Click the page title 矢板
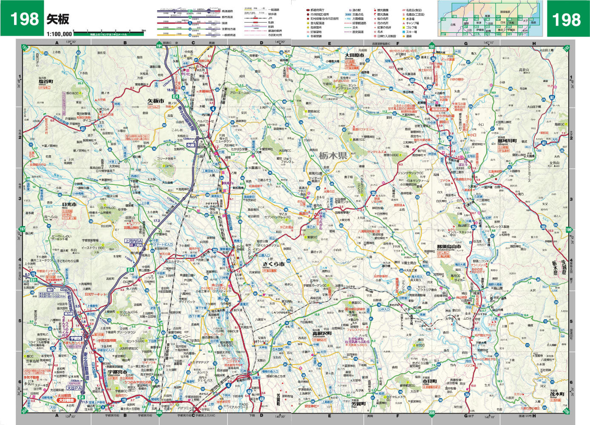[x=58, y=20]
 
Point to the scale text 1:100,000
[x=59, y=34]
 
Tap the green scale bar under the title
[x=109, y=33]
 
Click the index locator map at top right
[x=490, y=18]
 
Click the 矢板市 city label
[x=156, y=101]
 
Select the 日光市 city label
[x=69, y=204]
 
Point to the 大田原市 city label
[x=354, y=55]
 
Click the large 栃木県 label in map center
[x=332, y=156]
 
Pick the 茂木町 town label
[x=556, y=394]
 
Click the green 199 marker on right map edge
[x=569, y=230]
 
